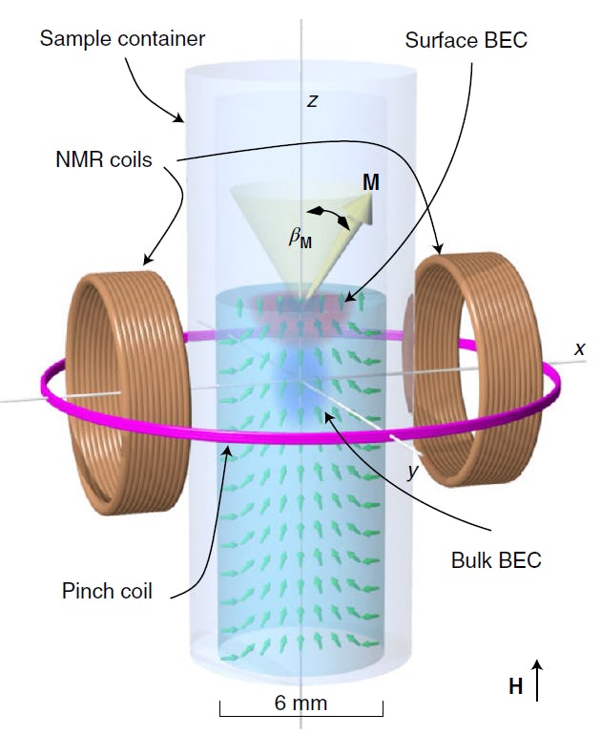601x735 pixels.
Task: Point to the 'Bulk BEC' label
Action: pos(495,559)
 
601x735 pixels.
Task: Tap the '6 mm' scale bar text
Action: pos(300,703)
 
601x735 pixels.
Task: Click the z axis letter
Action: pos(311,100)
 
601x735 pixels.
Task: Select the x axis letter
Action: pos(578,349)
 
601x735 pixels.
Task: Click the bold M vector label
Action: pos(370,182)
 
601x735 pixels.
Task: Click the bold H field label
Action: pos(516,686)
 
